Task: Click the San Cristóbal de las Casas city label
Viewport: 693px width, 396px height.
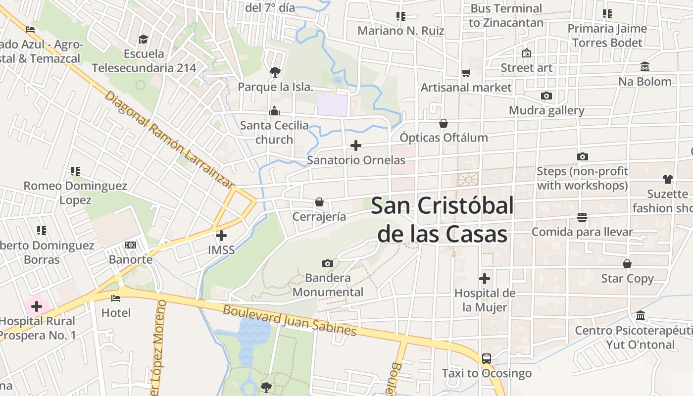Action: (443, 219)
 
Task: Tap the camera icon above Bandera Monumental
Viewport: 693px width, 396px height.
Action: (327, 263)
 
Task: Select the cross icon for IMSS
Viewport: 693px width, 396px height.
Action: (221, 236)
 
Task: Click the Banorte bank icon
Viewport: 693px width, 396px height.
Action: (131, 245)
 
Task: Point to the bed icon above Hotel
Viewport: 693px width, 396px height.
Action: (116, 298)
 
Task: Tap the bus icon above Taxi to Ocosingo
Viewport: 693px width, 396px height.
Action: (487, 358)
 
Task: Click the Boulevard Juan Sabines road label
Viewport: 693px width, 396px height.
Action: (289, 320)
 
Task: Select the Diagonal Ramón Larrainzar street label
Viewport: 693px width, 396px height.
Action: (168, 140)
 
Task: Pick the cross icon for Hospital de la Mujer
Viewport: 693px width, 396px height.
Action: (485, 279)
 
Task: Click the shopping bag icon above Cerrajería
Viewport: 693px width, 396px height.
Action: (319, 202)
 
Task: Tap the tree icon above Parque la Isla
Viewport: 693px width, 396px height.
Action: (275, 72)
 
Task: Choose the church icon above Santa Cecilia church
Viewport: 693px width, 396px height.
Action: (274, 111)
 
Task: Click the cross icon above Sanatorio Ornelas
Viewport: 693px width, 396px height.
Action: (356, 146)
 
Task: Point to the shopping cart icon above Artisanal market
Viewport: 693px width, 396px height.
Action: (466, 73)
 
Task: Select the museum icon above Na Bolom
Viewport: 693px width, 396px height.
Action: (644, 67)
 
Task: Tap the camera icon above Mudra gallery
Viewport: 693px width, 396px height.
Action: (546, 96)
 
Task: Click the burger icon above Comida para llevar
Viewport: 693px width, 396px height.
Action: (582, 217)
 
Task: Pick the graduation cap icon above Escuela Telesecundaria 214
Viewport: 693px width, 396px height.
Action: (143, 39)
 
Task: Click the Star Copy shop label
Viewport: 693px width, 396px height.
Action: (627, 279)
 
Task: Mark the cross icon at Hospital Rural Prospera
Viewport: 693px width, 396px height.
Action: (37, 306)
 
